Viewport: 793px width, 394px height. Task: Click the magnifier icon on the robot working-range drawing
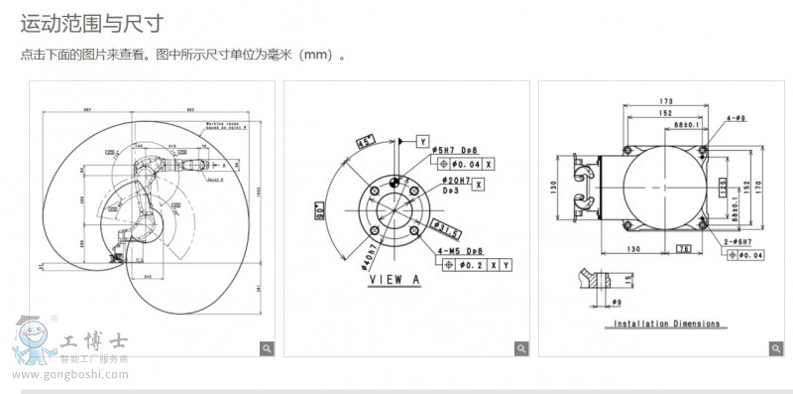(x=266, y=347)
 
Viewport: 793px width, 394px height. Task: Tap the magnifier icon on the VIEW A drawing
(x=520, y=347)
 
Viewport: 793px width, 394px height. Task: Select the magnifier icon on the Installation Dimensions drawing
(x=774, y=347)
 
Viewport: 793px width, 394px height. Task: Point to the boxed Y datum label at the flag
(x=421, y=142)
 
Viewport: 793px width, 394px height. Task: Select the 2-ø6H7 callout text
(x=737, y=241)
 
